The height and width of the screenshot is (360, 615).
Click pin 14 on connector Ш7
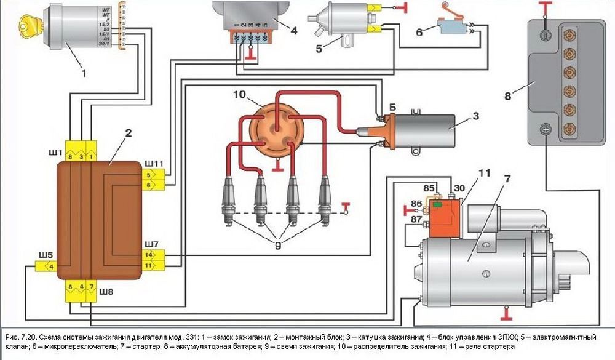pos(149,255)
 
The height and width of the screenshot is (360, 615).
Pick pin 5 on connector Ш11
pos(148,175)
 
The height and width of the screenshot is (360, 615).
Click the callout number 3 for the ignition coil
pos(475,115)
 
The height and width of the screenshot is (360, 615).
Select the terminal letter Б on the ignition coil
pos(384,106)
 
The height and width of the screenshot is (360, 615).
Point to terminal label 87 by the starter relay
pos(416,219)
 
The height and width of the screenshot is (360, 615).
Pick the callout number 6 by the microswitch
pos(419,33)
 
